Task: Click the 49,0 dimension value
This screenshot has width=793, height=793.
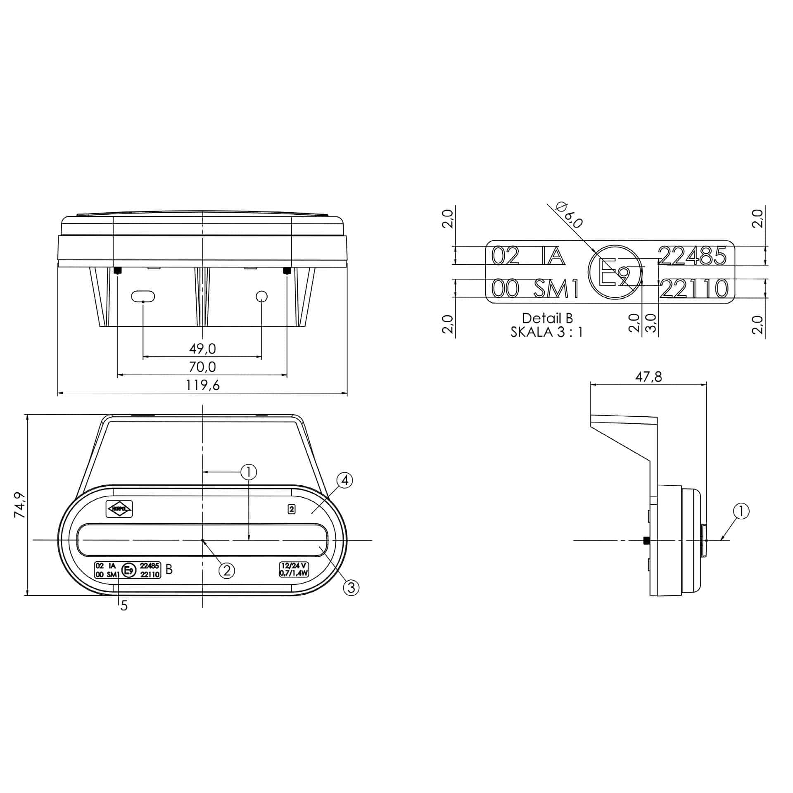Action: (202, 349)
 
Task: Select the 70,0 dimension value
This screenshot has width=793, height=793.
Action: (202, 367)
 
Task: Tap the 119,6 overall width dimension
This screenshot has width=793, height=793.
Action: (202, 385)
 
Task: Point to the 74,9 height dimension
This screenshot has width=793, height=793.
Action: (20, 505)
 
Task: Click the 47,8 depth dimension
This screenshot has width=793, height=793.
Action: (648, 377)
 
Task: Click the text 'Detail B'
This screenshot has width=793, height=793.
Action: (547, 318)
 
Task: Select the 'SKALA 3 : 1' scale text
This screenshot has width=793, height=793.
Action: (547, 332)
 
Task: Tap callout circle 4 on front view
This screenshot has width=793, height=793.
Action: (345, 480)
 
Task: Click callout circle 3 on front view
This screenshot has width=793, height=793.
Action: (351, 587)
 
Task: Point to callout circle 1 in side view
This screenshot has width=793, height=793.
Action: (741, 511)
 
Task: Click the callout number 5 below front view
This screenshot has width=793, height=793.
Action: (124, 606)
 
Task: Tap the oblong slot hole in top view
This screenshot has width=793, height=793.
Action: (143, 296)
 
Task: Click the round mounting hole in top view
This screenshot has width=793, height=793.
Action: (262, 296)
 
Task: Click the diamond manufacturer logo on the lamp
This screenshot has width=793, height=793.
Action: (120, 509)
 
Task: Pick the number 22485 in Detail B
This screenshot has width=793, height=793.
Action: (692, 256)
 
